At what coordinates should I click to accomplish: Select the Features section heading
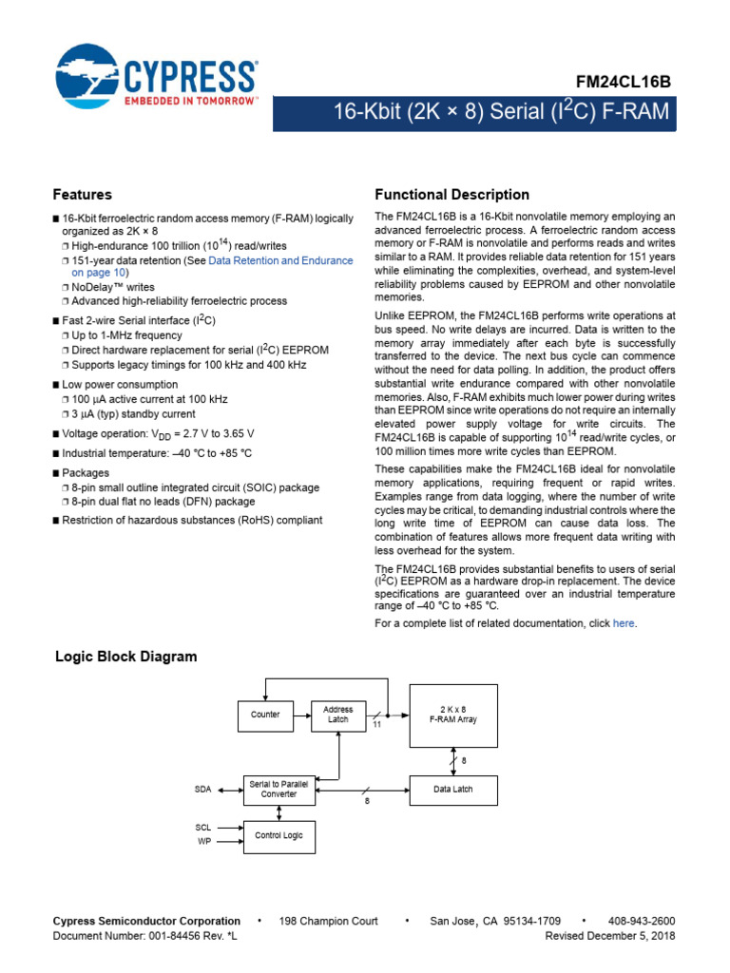82,195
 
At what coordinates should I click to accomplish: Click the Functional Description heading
452,195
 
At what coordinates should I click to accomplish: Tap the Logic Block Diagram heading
126,657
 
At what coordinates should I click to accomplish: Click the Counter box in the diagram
265,715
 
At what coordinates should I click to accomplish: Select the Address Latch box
338,715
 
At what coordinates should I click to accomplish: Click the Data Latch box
453,790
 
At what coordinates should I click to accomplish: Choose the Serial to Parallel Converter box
279,789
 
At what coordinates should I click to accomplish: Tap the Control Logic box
279,836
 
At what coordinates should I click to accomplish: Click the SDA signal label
203,790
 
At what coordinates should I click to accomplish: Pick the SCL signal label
203,828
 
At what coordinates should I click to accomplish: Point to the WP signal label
204,842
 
